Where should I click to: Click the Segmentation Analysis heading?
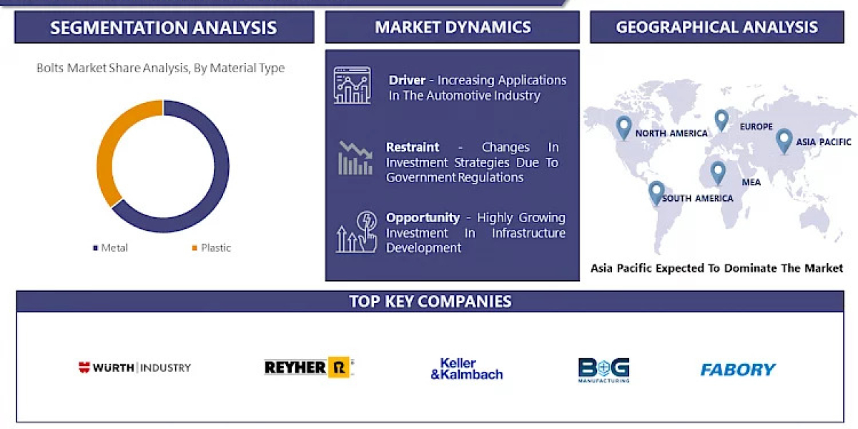click(x=164, y=28)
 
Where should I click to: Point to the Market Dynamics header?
click(x=453, y=28)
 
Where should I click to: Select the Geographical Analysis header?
click(x=716, y=28)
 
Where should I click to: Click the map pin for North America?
click(x=623, y=127)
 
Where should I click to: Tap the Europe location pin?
click(x=721, y=119)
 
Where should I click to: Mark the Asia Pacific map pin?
click(x=784, y=139)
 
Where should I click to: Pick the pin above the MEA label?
click(x=717, y=172)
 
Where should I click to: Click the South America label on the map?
click(x=697, y=198)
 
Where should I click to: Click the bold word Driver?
click(x=408, y=80)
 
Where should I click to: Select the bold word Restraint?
click(x=413, y=147)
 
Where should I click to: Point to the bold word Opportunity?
click(x=423, y=217)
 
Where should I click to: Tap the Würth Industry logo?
click(x=134, y=368)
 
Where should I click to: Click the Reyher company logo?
click(x=309, y=368)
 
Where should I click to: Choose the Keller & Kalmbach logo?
click(x=467, y=368)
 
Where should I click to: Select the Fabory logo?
click(x=738, y=370)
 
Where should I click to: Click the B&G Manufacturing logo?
click(x=603, y=369)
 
